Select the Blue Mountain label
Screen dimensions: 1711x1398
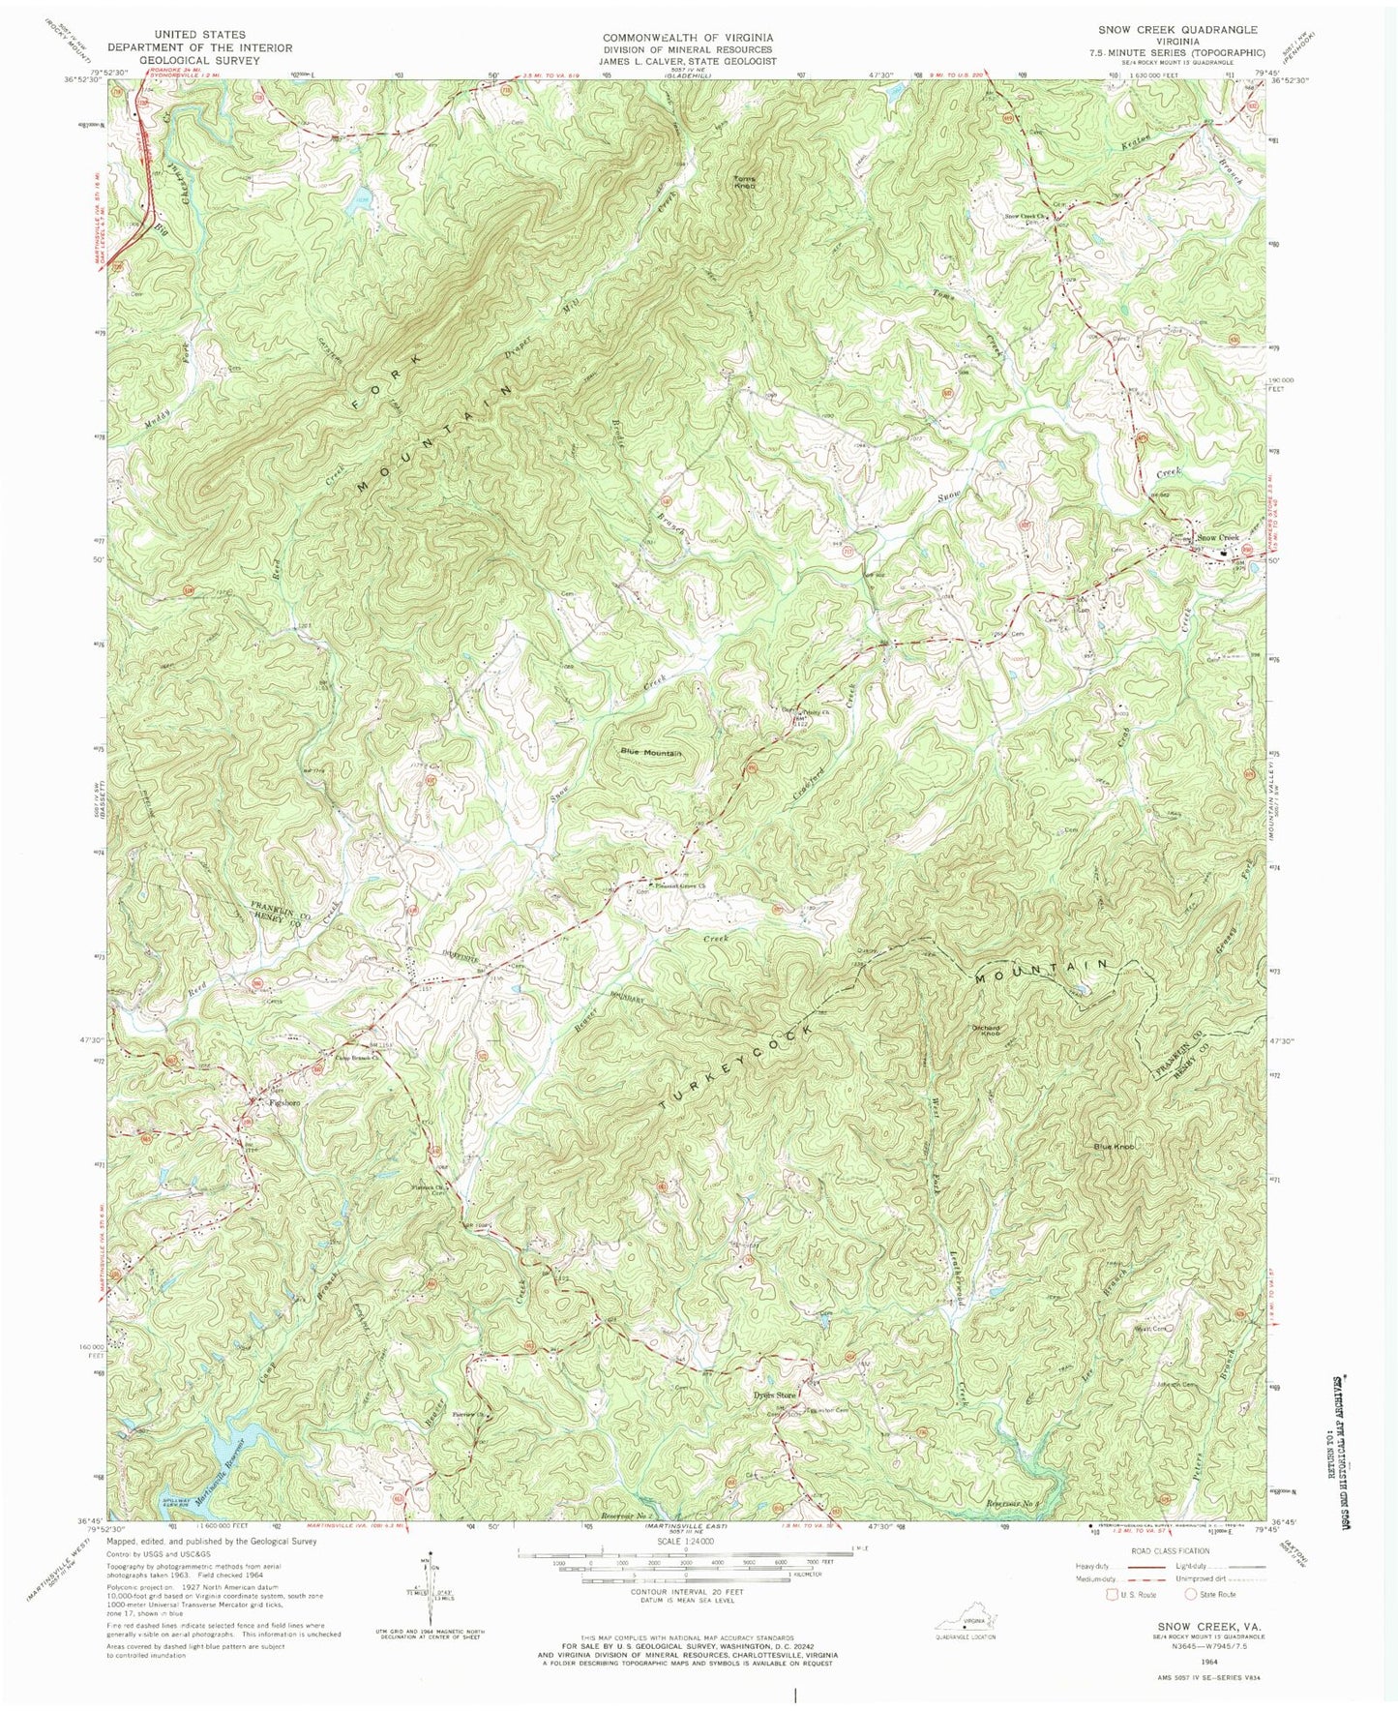(651, 753)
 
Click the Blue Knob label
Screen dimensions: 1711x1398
(1113, 1147)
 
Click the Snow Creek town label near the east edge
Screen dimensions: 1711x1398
(1217, 538)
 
